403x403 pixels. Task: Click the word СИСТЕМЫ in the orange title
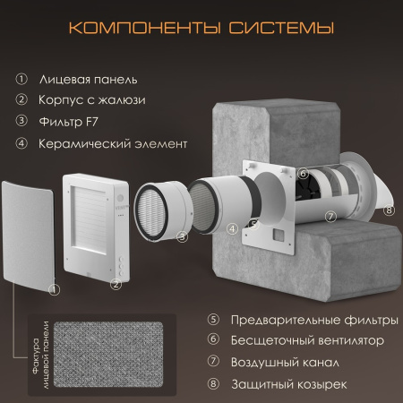pyautogui.click(x=281, y=28)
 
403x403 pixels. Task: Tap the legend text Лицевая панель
pyautogui.click(x=89, y=80)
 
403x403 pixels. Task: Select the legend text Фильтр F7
pyautogui.click(x=68, y=122)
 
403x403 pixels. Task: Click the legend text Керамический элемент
pyautogui.click(x=113, y=143)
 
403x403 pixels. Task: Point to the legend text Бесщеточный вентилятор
pyautogui.click(x=307, y=340)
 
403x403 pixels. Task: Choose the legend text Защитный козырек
pyautogui.click(x=289, y=384)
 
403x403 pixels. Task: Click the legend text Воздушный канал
pyautogui.click(x=285, y=363)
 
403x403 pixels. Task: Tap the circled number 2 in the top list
pyautogui.click(x=21, y=99)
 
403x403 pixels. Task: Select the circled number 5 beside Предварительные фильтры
pyautogui.click(x=213, y=319)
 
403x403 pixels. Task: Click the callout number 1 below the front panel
pyautogui.click(x=54, y=289)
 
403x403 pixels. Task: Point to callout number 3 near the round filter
pyautogui.click(x=182, y=237)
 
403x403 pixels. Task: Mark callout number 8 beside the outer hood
pyautogui.click(x=389, y=210)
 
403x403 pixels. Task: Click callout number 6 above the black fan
pyautogui.click(x=303, y=174)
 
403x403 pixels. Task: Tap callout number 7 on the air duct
pyautogui.click(x=330, y=217)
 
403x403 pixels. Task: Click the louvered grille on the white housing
pyautogui.click(x=89, y=220)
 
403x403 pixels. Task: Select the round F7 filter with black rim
pyautogui.click(x=151, y=211)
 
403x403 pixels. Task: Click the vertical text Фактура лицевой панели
pyautogui.click(x=40, y=355)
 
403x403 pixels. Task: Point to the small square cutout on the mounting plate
pyautogui.click(x=279, y=235)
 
